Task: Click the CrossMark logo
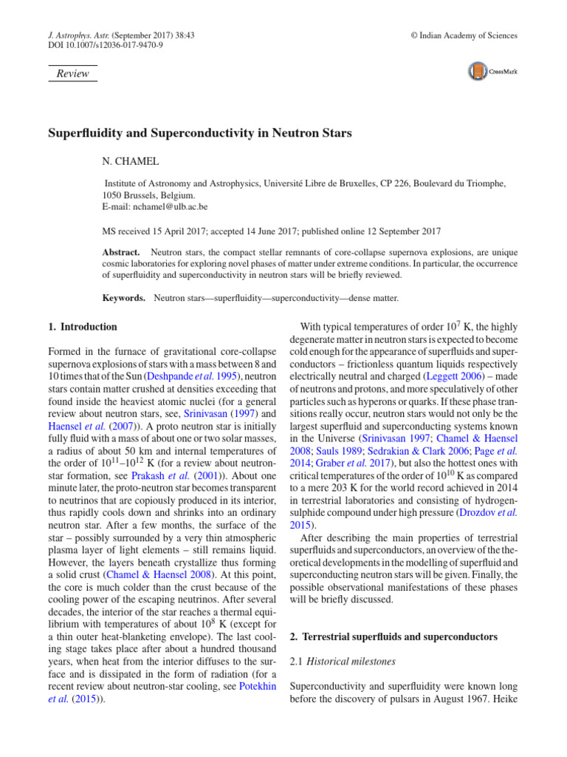click(492, 72)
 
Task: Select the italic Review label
click(72, 73)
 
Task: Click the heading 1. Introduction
click(83, 326)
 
